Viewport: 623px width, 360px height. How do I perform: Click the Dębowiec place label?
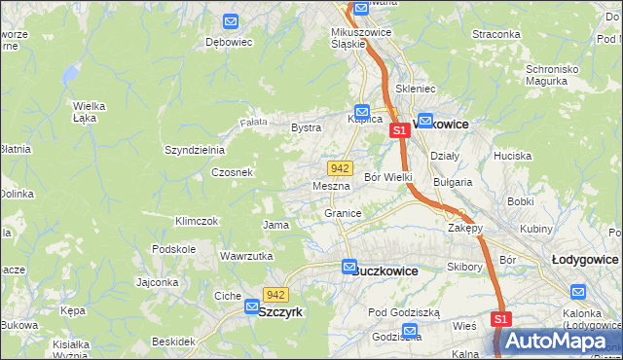point(229,43)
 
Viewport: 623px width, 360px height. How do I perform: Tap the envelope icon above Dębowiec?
point(231,21)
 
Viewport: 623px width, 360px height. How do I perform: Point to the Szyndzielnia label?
point(195,150)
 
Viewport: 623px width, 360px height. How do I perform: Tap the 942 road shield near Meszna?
point(340,168)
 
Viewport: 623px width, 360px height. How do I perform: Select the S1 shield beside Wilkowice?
point(398,129)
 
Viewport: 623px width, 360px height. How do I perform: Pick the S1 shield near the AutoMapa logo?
point(501,319)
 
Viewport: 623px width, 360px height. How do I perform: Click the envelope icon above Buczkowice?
point(349,267)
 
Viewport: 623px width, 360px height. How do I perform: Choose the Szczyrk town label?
point(281,311)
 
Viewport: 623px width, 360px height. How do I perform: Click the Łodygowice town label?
point(585,260)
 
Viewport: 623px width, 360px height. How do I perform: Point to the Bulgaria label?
point(453,182)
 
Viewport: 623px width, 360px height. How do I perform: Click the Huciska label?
point(512,156)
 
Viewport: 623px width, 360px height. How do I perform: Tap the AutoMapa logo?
point(556,341)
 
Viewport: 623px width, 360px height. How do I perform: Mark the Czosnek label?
point(233,172)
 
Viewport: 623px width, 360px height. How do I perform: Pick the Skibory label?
point(465,267)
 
